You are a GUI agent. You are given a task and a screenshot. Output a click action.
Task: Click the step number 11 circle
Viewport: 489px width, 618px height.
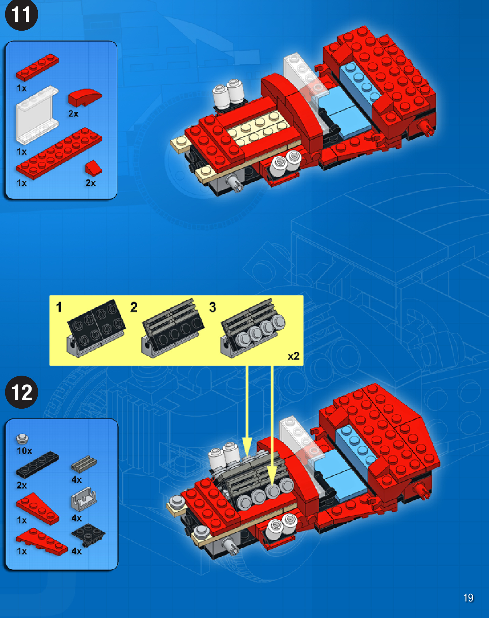(x=21, y=15)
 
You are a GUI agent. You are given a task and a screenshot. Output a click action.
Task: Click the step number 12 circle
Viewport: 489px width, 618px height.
(x=21, y=392)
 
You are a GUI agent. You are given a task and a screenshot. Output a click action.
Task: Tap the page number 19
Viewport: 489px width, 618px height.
(x=468, y=598)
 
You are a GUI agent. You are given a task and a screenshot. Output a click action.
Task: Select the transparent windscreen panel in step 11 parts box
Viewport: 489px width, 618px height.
(x=37, y=115)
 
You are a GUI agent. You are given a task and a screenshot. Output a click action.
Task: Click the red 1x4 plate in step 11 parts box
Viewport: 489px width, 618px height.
(x=37, y=67)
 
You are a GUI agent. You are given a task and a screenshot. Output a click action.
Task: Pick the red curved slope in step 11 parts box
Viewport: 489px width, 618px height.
(x=85, y=97)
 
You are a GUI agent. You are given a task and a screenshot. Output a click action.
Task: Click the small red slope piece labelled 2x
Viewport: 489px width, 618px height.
(x=93, y=168)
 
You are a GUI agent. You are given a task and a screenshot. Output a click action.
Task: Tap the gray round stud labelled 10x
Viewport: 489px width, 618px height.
(x=22, y=439)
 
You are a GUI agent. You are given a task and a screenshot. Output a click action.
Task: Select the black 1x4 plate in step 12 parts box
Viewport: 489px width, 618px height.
(x=37, y=465)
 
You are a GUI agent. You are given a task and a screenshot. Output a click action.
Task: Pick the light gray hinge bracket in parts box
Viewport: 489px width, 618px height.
(x=84, y=499)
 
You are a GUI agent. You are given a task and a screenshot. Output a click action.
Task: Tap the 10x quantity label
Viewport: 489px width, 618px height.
(x=25, y=451)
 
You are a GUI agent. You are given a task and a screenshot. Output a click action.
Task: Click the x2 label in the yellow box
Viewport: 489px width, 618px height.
(x=293, y=356)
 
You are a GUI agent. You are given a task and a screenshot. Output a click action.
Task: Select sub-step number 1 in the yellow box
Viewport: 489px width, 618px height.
(x=59, y=307)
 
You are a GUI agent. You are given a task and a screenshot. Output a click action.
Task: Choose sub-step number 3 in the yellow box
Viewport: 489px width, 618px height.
(x=213, y=307)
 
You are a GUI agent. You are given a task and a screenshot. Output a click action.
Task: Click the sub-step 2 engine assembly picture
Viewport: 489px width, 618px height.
(x=172, y=328)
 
